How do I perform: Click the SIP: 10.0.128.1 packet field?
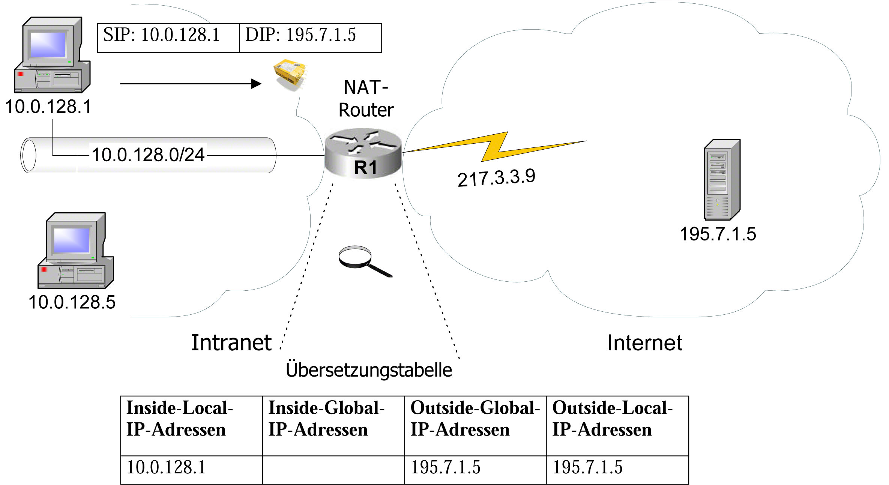point(168,38)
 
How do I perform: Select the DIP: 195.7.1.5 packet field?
point(310,38)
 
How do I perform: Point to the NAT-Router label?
point(366,99)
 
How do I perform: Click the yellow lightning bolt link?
point(495,147)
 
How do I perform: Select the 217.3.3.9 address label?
point(496,177)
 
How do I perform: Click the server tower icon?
point(722,180)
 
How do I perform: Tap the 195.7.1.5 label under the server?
point(718,234)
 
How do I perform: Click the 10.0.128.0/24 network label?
point(148,155)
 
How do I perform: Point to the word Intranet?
point(231,343)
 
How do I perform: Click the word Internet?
point(644,343)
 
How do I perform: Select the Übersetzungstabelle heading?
point(369,370)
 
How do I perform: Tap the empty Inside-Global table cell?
point(333,470)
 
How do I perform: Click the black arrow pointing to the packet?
point(191,84)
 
